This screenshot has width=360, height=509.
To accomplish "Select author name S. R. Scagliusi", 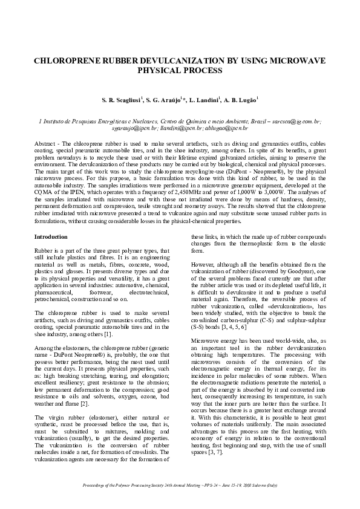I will click(123, 99).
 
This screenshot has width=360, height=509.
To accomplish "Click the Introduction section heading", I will click(51, 237).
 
